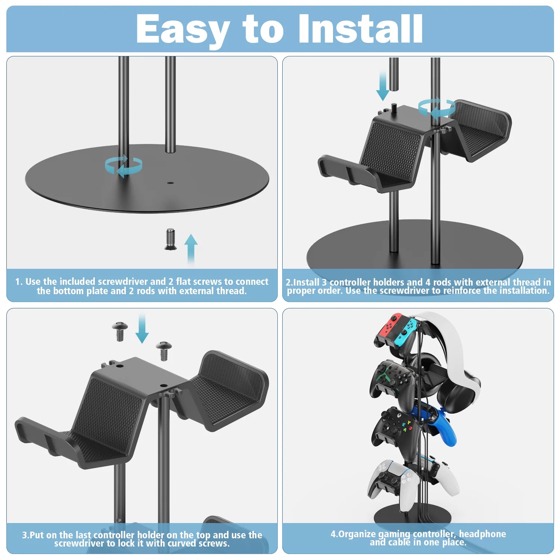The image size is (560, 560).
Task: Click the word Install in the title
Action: click(360, 29)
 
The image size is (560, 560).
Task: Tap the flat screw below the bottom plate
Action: click(170, 239)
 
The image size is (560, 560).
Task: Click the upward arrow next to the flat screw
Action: click(191, 248)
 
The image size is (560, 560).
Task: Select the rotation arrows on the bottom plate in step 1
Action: click(124, 167)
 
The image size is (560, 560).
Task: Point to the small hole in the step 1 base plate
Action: click(171, 183)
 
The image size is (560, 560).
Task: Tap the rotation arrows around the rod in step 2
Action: click(436, 108)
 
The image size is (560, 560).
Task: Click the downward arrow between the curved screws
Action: click(142, 329)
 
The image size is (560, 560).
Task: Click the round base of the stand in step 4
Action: click(411, 517)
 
